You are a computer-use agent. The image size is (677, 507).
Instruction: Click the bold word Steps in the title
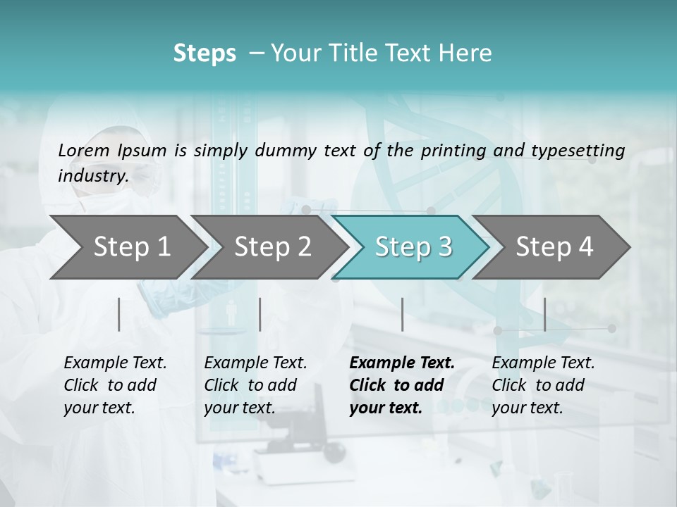pyautogui.click(x=205, y=54)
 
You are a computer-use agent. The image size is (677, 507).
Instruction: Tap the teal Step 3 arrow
pyautogui.click(x=413, y=247)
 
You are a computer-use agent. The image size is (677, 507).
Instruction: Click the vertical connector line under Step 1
pyautogui.click(x=119, y=314)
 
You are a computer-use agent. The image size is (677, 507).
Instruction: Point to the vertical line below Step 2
pyautogui.click(x=260, y=314)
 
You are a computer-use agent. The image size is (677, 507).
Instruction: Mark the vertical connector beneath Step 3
pyautogui.click(x=403, y=314)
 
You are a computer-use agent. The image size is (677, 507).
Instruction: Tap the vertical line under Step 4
pyautogui.click(x=545, y=314)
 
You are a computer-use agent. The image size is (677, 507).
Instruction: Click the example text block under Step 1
pyautogui.click(x=115, y=385)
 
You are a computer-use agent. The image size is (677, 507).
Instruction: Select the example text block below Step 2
pyautogui.click(x=255, y=385)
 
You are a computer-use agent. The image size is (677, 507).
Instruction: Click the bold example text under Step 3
pyautogui.click(x=402, y=385)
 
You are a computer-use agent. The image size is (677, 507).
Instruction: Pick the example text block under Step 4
pyautogui.click(x=543, y=385)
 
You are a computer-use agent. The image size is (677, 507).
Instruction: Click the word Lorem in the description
pyautogui.click(x=84, y=151)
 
